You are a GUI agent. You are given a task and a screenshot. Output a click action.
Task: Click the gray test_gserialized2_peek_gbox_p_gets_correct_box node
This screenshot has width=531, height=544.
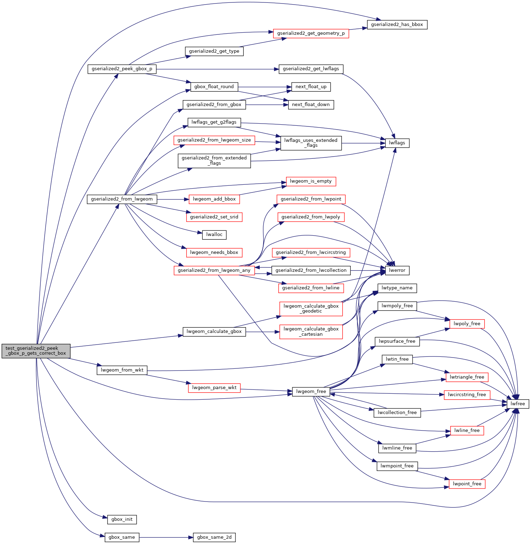36,351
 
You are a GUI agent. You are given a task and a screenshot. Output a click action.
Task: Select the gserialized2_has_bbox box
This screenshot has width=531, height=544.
397,25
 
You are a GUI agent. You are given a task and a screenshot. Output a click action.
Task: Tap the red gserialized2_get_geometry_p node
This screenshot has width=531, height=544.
311,33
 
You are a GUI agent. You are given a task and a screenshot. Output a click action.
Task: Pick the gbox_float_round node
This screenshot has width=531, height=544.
214,87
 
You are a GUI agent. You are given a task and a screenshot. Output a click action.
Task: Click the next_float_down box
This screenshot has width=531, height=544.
311,105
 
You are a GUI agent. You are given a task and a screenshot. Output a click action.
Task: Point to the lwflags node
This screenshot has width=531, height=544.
397,143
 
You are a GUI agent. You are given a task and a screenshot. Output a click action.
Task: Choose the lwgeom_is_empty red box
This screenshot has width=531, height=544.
311,181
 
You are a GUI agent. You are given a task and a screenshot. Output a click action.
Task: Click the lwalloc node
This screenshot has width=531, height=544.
214,235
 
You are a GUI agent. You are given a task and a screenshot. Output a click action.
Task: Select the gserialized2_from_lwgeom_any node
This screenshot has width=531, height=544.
214,270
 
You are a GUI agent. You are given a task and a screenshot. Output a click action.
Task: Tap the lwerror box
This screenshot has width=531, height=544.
397,270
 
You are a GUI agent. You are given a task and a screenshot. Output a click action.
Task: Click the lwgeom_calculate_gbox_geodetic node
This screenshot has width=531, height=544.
311,309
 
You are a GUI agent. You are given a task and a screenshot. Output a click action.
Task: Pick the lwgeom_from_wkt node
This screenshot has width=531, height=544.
122,370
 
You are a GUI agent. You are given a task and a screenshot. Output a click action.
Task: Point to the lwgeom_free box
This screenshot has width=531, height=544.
311,392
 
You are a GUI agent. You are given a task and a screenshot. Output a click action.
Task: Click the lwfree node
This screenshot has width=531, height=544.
518,404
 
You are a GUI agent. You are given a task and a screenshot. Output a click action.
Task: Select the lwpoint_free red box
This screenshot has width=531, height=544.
467,484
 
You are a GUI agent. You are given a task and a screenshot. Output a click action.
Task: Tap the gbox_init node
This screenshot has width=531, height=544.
122,519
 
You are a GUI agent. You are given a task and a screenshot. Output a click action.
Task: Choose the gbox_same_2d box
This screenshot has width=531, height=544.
214,537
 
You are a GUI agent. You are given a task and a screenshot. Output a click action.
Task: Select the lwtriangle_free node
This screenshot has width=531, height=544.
467,377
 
